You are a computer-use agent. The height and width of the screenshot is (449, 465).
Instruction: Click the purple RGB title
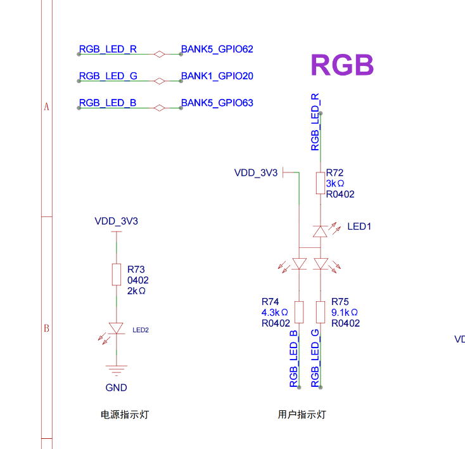[342, 65]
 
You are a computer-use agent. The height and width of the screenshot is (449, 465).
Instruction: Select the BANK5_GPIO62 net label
[217, 49]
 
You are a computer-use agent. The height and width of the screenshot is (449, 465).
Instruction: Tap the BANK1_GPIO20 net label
[217, 76]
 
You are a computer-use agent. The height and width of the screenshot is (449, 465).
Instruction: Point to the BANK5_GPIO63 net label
[217, 103]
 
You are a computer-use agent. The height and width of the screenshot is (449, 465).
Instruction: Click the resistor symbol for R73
[116, 274]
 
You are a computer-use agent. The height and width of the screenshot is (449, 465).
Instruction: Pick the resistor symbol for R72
[321, 183]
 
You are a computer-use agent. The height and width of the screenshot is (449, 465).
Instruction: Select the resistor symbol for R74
[300, 312]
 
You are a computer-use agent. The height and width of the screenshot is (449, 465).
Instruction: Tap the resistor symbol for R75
[321, 312]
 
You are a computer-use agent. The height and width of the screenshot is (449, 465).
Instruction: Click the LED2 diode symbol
[116, 328]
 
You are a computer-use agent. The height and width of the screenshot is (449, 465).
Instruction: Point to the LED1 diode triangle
[321, 231]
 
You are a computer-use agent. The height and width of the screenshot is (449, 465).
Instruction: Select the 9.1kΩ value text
[345, 313]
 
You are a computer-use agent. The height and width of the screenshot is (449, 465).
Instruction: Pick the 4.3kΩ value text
[275, 313]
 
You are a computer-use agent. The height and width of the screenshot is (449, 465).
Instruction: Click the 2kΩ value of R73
[136, 290]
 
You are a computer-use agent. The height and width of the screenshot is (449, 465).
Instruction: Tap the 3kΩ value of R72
[335, 183]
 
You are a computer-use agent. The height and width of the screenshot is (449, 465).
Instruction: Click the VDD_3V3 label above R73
[116, 221]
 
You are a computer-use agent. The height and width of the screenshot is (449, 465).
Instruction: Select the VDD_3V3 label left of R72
[256, 172]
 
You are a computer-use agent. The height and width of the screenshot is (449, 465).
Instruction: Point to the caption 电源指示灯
[125, 415]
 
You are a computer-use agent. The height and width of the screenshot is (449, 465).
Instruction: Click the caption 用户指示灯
[302, 415]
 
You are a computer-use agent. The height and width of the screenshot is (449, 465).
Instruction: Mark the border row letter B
[46, 329]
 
